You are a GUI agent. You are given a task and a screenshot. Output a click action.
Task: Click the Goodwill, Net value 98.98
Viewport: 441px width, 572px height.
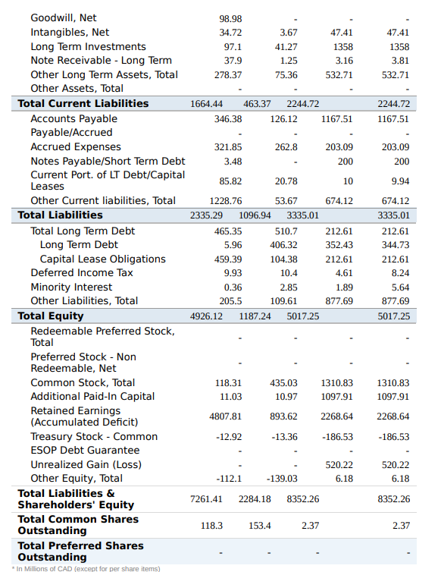230,18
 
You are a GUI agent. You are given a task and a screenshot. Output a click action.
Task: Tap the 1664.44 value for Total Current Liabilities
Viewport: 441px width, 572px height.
206,104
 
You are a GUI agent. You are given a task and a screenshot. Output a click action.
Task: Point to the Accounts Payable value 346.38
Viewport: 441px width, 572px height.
228,119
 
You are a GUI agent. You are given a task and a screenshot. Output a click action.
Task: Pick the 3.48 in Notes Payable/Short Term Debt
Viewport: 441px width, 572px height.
233,161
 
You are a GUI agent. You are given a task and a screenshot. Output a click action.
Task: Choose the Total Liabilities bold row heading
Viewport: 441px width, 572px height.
60,215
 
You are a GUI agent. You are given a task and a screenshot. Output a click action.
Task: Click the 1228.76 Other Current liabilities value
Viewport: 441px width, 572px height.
226,201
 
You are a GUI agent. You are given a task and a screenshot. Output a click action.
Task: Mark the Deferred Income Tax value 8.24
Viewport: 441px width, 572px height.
400,273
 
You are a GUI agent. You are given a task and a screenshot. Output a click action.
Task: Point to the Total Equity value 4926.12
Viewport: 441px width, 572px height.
206,316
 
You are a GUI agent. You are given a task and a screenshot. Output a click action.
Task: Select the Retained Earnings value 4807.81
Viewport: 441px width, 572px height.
226,416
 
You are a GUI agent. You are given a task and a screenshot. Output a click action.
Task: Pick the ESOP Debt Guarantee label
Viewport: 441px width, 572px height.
85,451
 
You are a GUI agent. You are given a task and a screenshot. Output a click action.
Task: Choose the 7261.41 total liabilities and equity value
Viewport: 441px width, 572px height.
206,499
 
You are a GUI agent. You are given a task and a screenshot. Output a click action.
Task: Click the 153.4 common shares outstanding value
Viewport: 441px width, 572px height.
260,526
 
